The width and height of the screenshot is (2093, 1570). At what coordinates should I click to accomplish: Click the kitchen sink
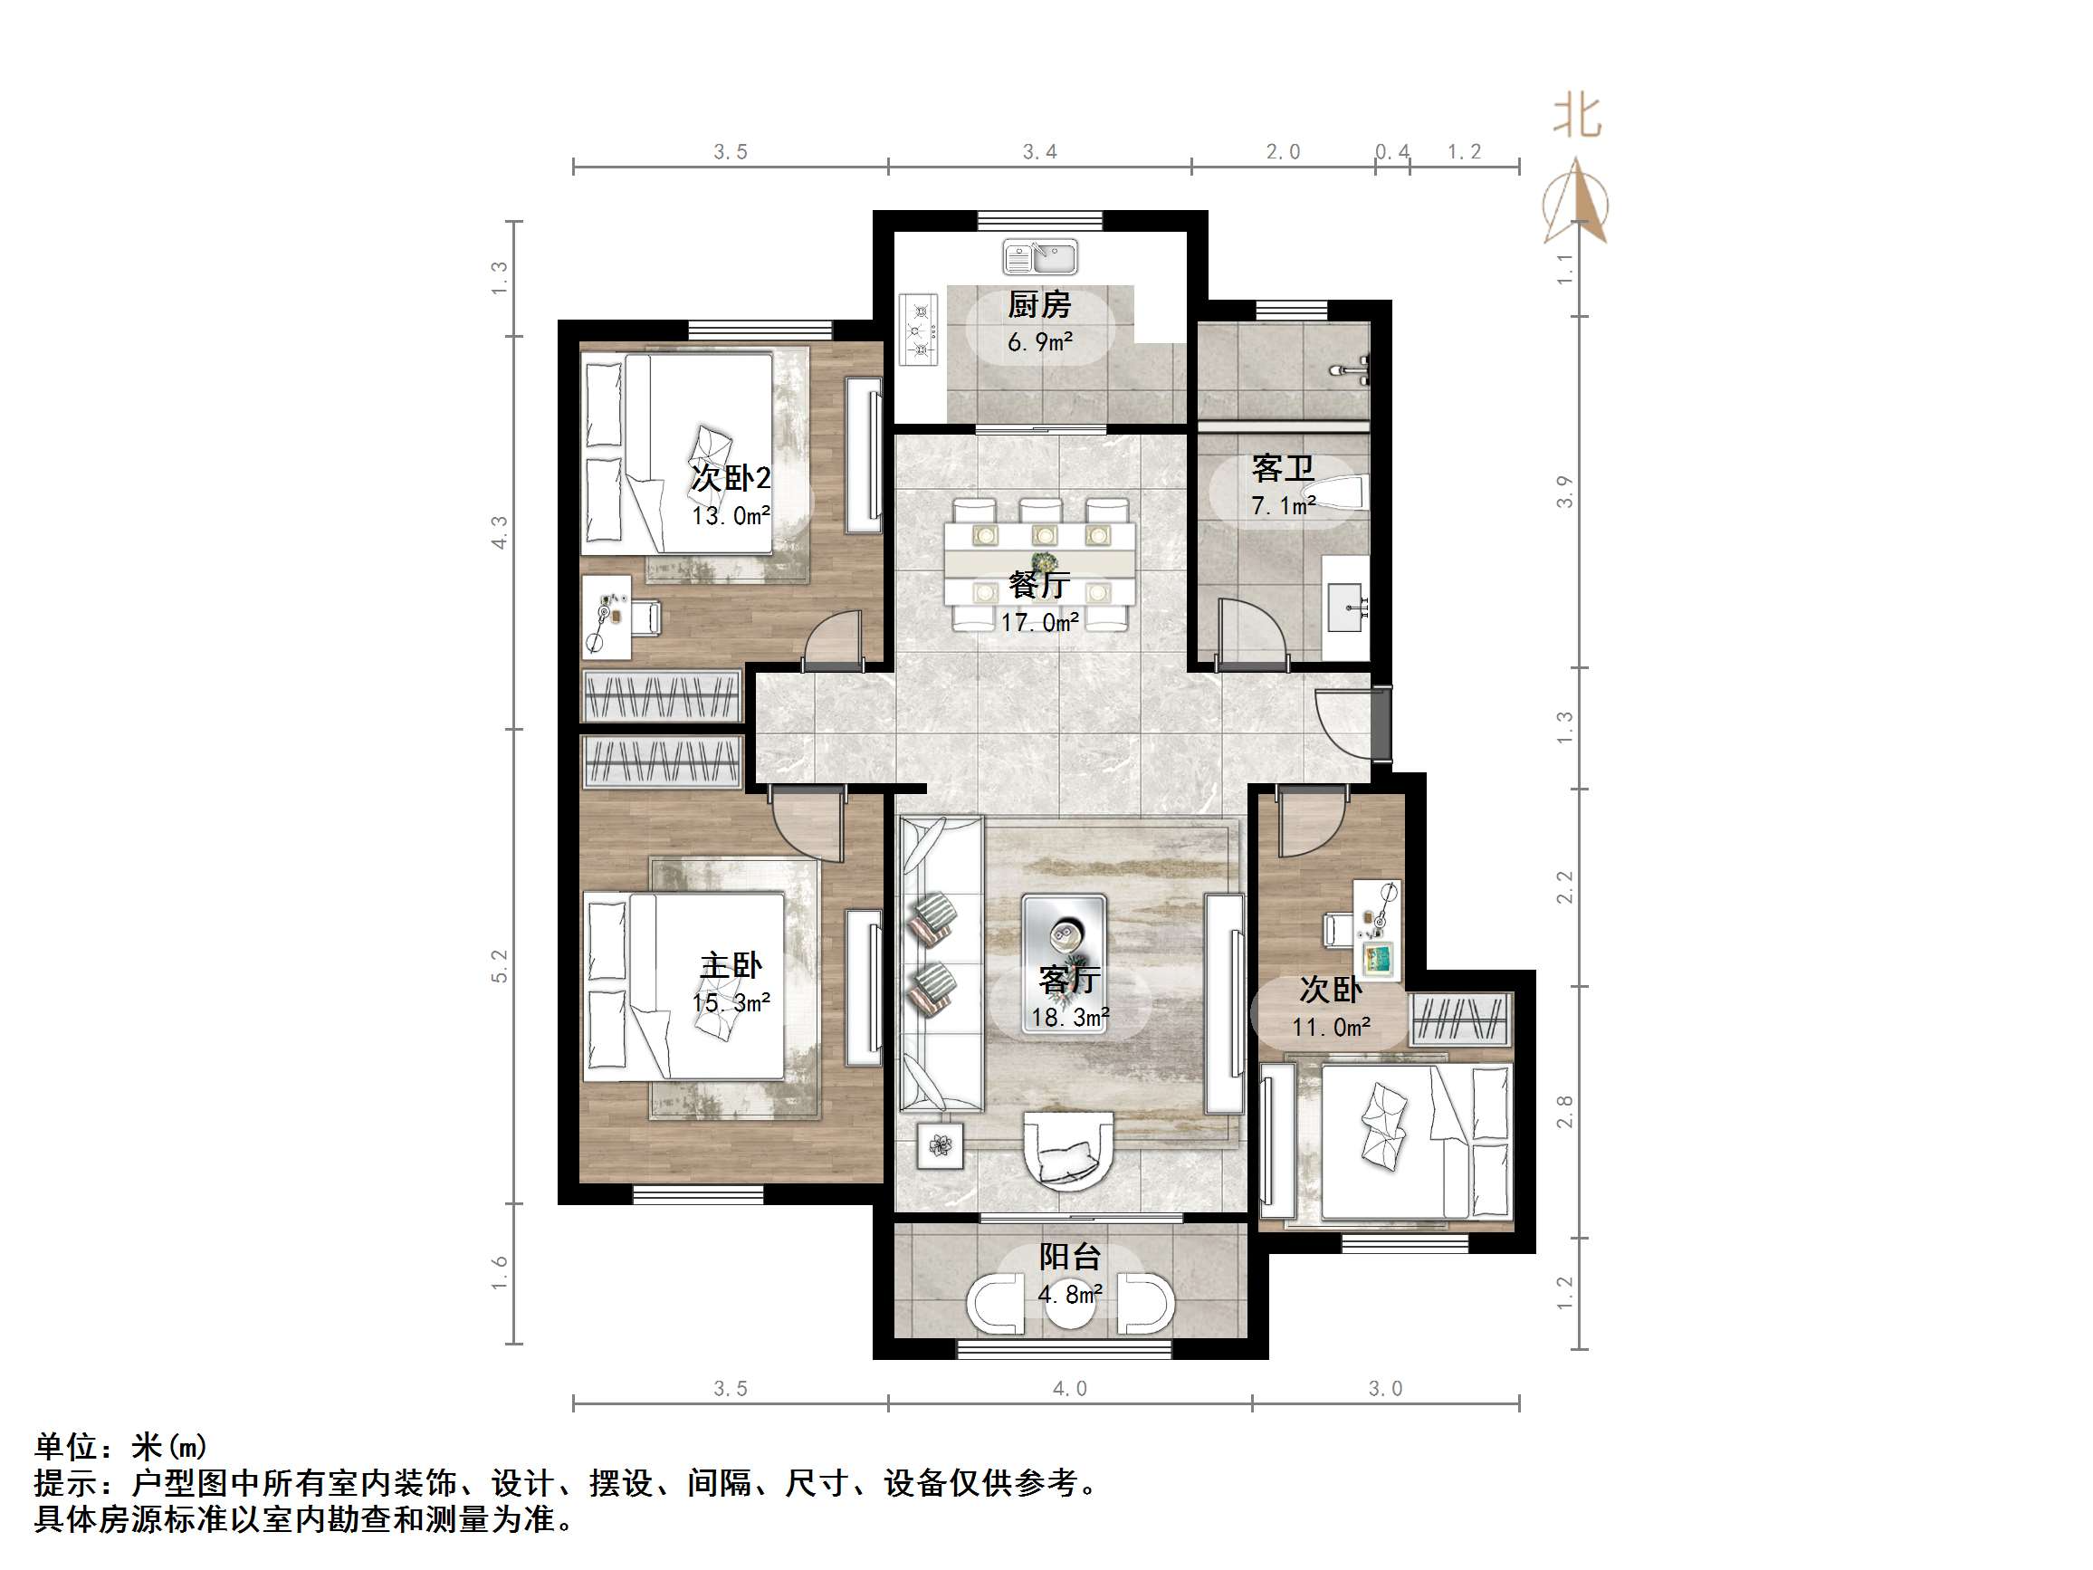[1039, 256]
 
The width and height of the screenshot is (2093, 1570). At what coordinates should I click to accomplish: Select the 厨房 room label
[1039, 305]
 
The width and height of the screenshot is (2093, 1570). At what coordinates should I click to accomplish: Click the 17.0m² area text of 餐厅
[1039, 623]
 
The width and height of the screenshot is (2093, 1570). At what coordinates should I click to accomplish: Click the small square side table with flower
[941, 1145]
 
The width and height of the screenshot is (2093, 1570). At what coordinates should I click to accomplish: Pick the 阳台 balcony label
[1069, 1257]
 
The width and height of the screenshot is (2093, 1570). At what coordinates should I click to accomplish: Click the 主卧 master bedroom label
[731, 965]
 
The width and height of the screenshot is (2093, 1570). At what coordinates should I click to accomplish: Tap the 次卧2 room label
[731, 478]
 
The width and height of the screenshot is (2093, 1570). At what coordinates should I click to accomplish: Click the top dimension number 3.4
[1039, 152]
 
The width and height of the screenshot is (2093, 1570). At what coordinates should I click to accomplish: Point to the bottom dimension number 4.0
[1069, 1388]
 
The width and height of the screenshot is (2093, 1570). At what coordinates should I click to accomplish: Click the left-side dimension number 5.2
[500, 966]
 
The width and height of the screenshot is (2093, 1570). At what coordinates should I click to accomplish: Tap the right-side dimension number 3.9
[1565, 493]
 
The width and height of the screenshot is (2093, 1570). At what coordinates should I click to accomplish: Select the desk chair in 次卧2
[646, 617]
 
